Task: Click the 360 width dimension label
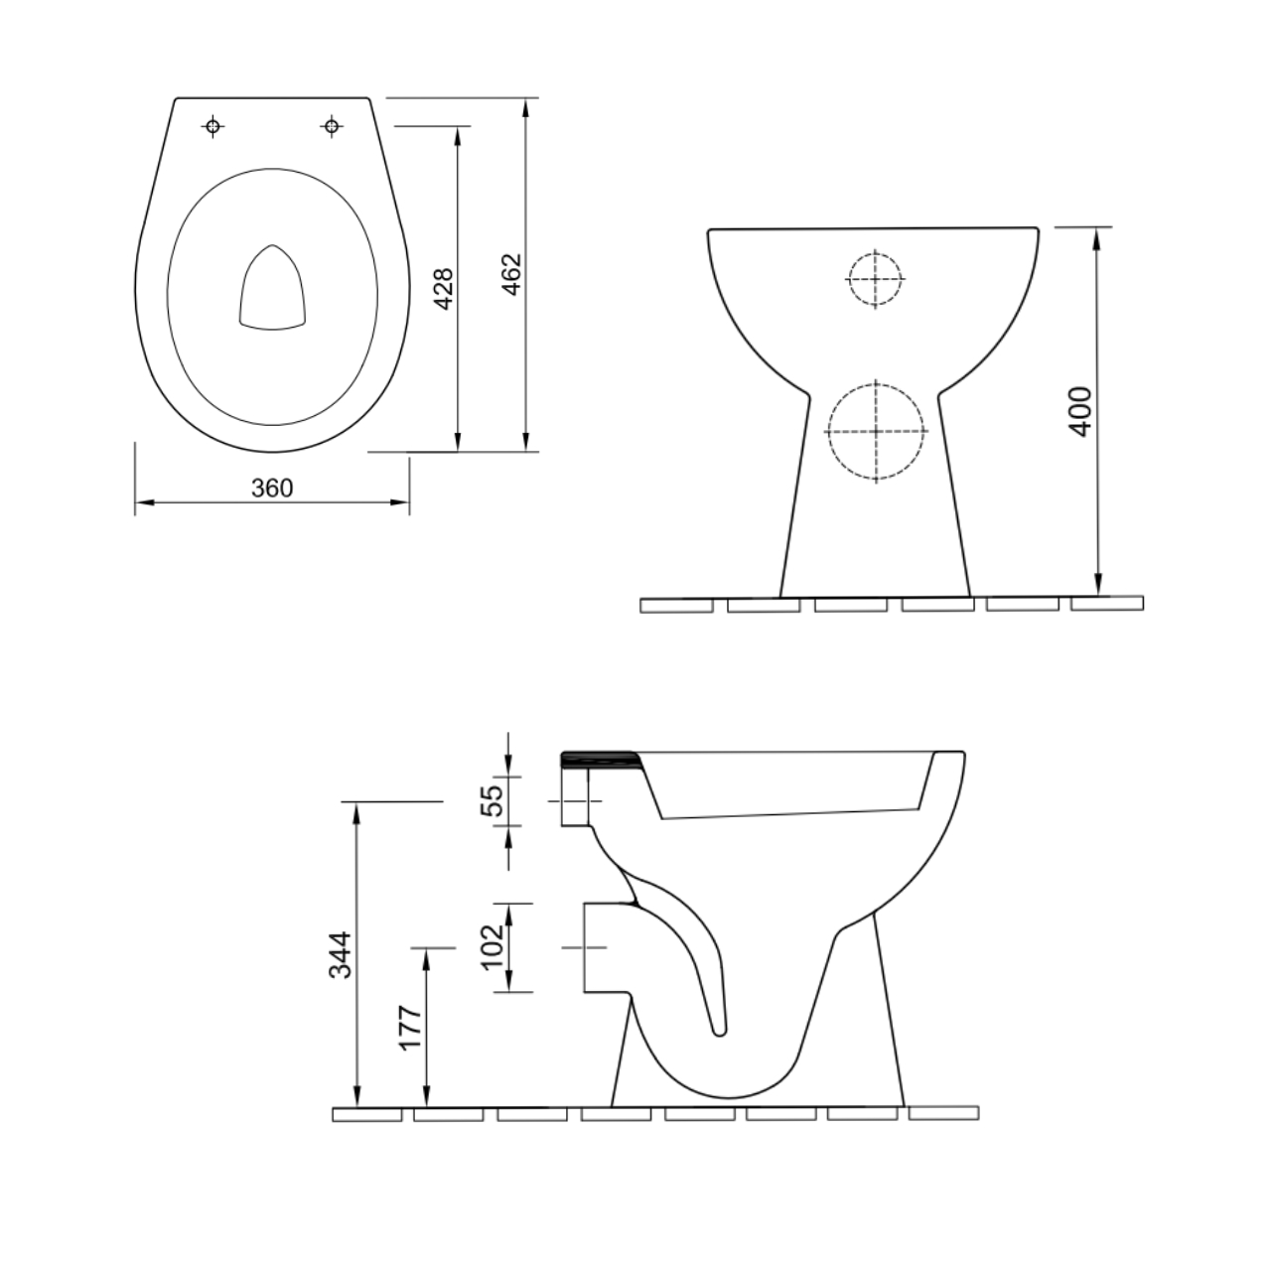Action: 271,488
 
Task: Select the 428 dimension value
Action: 444,288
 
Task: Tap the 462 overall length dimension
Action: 510,274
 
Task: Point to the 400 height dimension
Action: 1080,409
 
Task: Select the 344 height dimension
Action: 341,954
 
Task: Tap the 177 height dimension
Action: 411,1027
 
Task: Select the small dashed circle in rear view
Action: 875,278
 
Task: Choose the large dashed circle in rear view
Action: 876,432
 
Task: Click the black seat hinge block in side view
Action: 598,760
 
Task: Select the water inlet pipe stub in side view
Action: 576,800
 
